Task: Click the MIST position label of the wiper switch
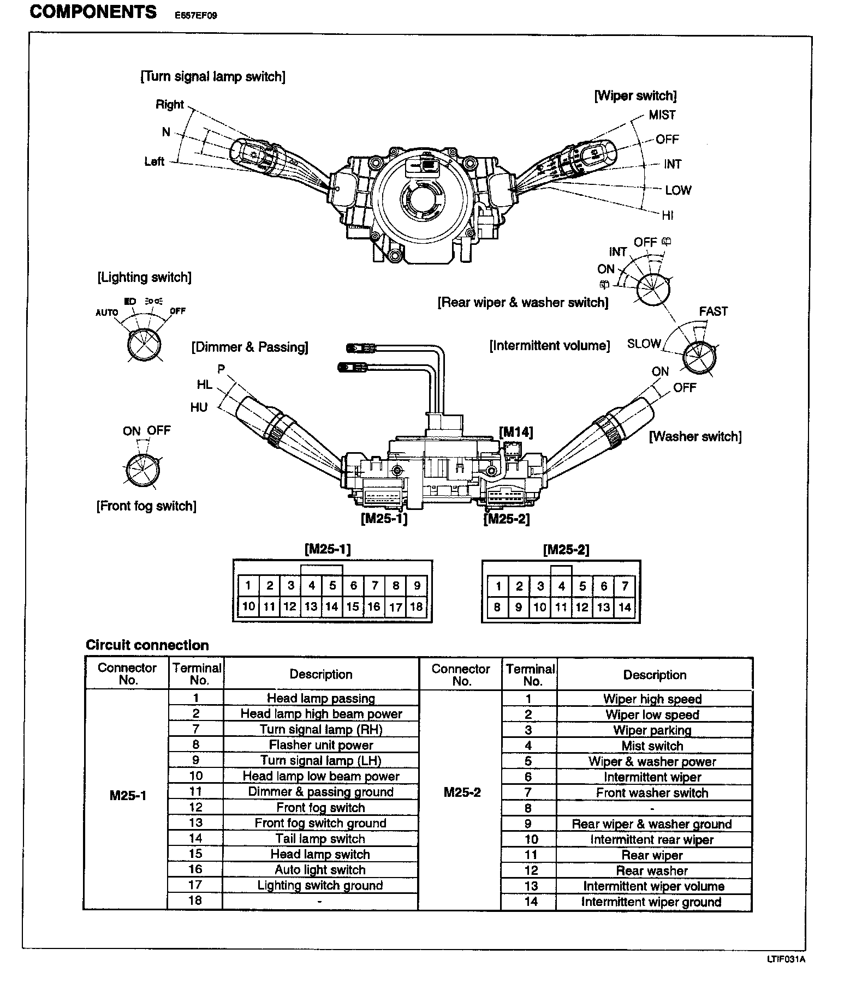tap(662, 115)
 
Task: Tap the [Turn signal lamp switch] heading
tap(213, 76)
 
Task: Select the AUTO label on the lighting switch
tap(107, 313)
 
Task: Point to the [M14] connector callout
tap(516, 433)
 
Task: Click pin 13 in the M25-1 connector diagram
tap(311, 606)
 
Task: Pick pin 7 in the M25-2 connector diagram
tap(625, 586)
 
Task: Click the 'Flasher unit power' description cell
tap(321, 745)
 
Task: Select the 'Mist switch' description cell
tap(652, 746)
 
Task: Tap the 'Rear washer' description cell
tap(652, 871)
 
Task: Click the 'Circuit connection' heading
tap(147, 645)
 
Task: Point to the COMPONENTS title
tap(93, 12)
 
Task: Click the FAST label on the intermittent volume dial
tap(714, 311)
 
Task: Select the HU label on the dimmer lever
tap(199, 407)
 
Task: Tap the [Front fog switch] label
tap(146, 506)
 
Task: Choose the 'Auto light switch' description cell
tap(320, 870)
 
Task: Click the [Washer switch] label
tap(695, 436)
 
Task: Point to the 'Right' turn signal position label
tap(170, 105)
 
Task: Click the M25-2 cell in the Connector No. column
tap(462, 792)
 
